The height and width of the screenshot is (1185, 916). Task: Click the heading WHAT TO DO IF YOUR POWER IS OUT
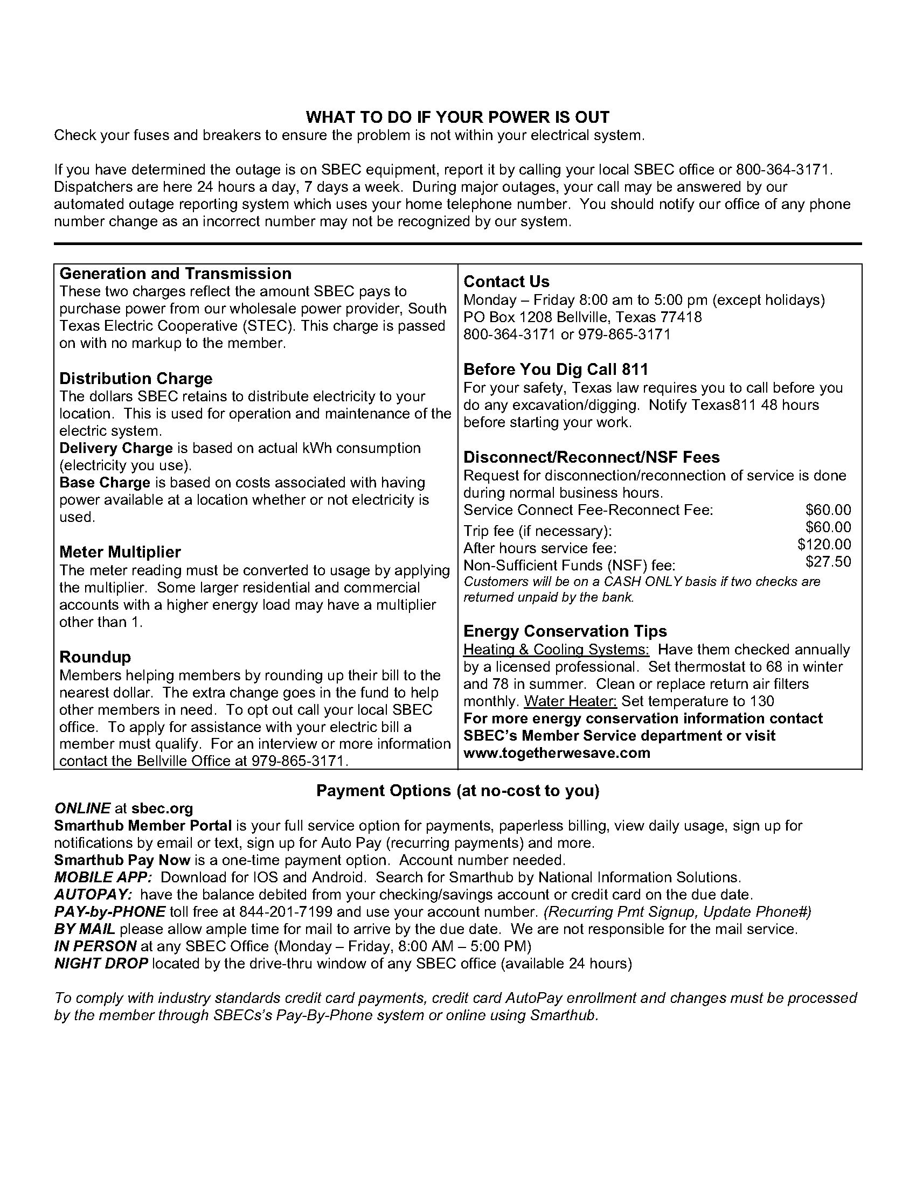coord(457,117)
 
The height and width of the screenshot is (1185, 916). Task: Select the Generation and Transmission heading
coord(175,274)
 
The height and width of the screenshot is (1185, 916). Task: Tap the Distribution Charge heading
coord(136,378)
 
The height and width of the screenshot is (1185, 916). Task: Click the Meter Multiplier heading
coord(120,552)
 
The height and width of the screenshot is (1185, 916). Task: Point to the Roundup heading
coord(95,657)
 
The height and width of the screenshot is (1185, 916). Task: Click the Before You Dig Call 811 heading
coord(556,370)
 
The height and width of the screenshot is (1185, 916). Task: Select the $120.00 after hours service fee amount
coord(824,544)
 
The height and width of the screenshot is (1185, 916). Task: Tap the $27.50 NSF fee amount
coord(828,562)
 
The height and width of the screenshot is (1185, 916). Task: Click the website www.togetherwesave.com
coord(557,753)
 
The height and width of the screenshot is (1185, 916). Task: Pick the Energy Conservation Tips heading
coord(565,631)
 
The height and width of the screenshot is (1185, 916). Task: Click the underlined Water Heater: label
coord(570,701)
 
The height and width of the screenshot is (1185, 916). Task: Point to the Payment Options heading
coord(457,791)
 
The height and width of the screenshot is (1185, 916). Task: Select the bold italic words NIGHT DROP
coord(101,964)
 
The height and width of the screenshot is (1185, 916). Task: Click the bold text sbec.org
coord(162,808)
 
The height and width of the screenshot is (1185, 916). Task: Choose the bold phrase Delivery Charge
coord(116,448)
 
